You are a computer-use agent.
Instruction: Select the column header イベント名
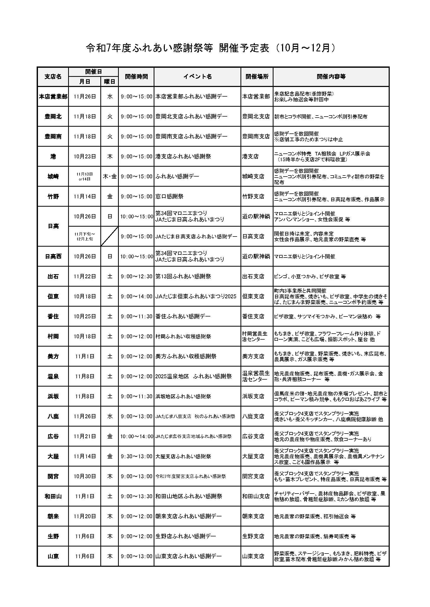tap(197, 77)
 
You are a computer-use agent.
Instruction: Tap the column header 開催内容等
tap(331, 77)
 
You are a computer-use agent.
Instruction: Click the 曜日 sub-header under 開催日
tap(110, 82)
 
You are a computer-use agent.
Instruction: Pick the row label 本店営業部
tap(53, 97)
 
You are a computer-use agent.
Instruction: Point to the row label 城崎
tap(53, 177)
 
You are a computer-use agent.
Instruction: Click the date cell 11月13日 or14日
tap(85, 177)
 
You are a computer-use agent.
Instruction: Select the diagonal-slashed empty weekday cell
tap(110, 236)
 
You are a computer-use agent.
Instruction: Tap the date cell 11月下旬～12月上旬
tap(85, 236)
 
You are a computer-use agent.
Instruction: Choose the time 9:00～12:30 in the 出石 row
tap(136, 276)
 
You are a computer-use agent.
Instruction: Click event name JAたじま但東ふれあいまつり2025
tap(196, 296)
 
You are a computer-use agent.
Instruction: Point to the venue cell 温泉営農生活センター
tap(256, 376)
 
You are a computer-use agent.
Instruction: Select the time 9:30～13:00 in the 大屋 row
tap(136, 456)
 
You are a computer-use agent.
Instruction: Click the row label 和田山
tap(53, 496)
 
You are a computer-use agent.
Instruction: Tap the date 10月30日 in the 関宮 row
tap(85, 476)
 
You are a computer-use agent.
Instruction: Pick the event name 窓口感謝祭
tap(170, 197)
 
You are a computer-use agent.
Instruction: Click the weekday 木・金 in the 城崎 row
tap(110, 177)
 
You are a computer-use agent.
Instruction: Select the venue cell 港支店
tap(250, 157)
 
